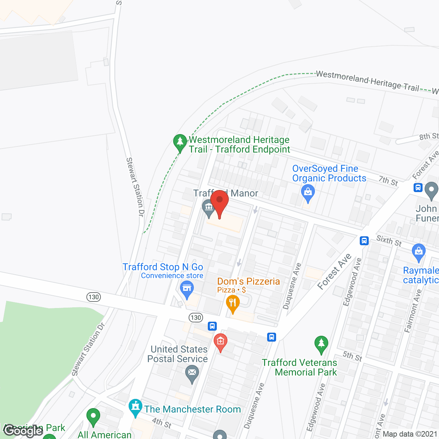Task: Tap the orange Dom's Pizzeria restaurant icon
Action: [233, 303]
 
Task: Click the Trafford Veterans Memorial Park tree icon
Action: [321, 344]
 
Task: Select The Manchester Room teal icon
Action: [135, 407]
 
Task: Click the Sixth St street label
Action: [389, 240]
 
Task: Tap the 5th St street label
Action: [353, 356]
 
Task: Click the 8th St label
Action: [429, 136]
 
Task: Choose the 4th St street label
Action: [162, 423]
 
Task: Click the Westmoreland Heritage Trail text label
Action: [367, 81]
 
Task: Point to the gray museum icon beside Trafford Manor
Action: [209, 207]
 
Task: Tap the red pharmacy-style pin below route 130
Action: [220, 342]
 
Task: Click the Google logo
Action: [23, 430]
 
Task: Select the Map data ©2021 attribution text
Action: [410, 434]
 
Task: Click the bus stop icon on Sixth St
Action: [364, 241]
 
